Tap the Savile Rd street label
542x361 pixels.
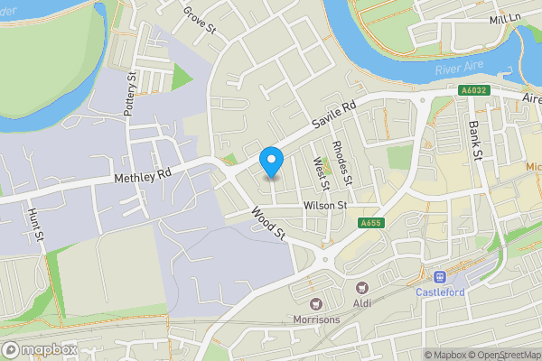[335, 113]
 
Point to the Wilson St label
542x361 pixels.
[325, 206]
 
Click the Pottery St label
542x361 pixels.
[132, 89]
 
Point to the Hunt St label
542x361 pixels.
[37, 222]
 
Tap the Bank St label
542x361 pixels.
[474, 139]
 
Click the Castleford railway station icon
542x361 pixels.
[441, 277]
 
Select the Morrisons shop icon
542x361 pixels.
[316, 303]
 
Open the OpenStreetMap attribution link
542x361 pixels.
[502, 355]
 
